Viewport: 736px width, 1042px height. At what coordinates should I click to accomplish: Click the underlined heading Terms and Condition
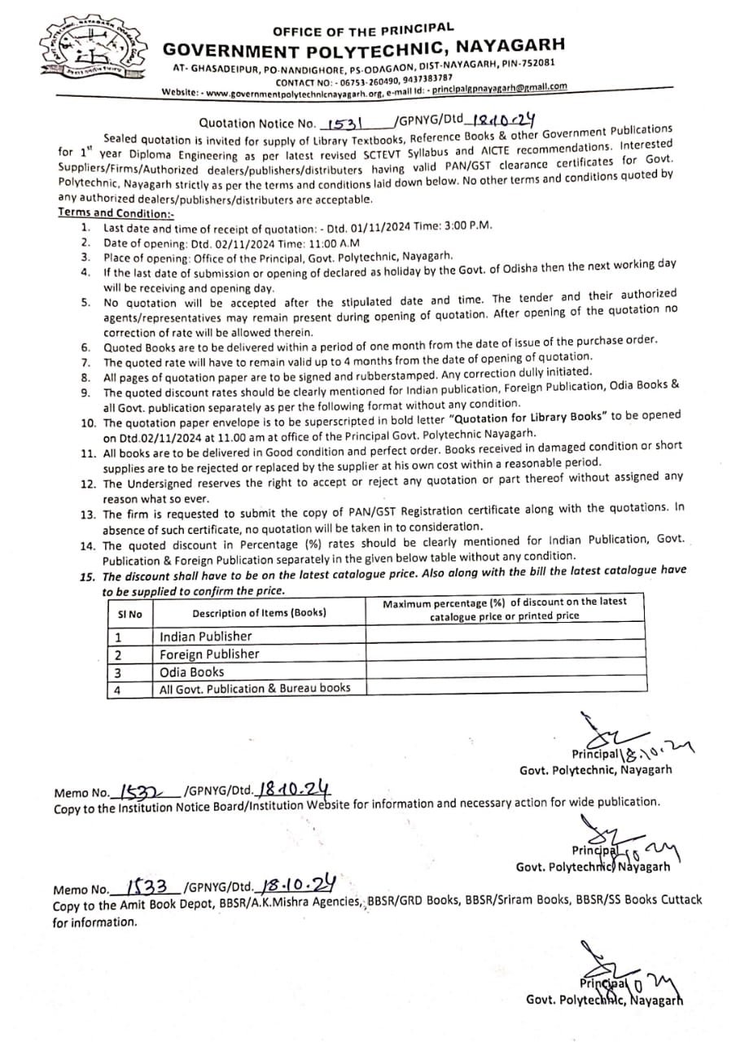click(x=116, y=212)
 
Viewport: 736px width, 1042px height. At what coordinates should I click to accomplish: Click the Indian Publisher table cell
click(x=206, y=637)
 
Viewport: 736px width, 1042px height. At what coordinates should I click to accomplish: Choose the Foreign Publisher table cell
click(x=209, y=655)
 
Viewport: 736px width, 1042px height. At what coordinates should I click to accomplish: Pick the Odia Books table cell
click(x=191, y=672)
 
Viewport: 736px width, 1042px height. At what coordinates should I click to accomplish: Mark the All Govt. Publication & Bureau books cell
click(x=255, y=689)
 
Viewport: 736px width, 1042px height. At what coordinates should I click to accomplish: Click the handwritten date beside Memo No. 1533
click(x=296, y=883)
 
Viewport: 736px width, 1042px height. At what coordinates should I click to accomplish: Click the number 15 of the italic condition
click(x=87, y=573)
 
